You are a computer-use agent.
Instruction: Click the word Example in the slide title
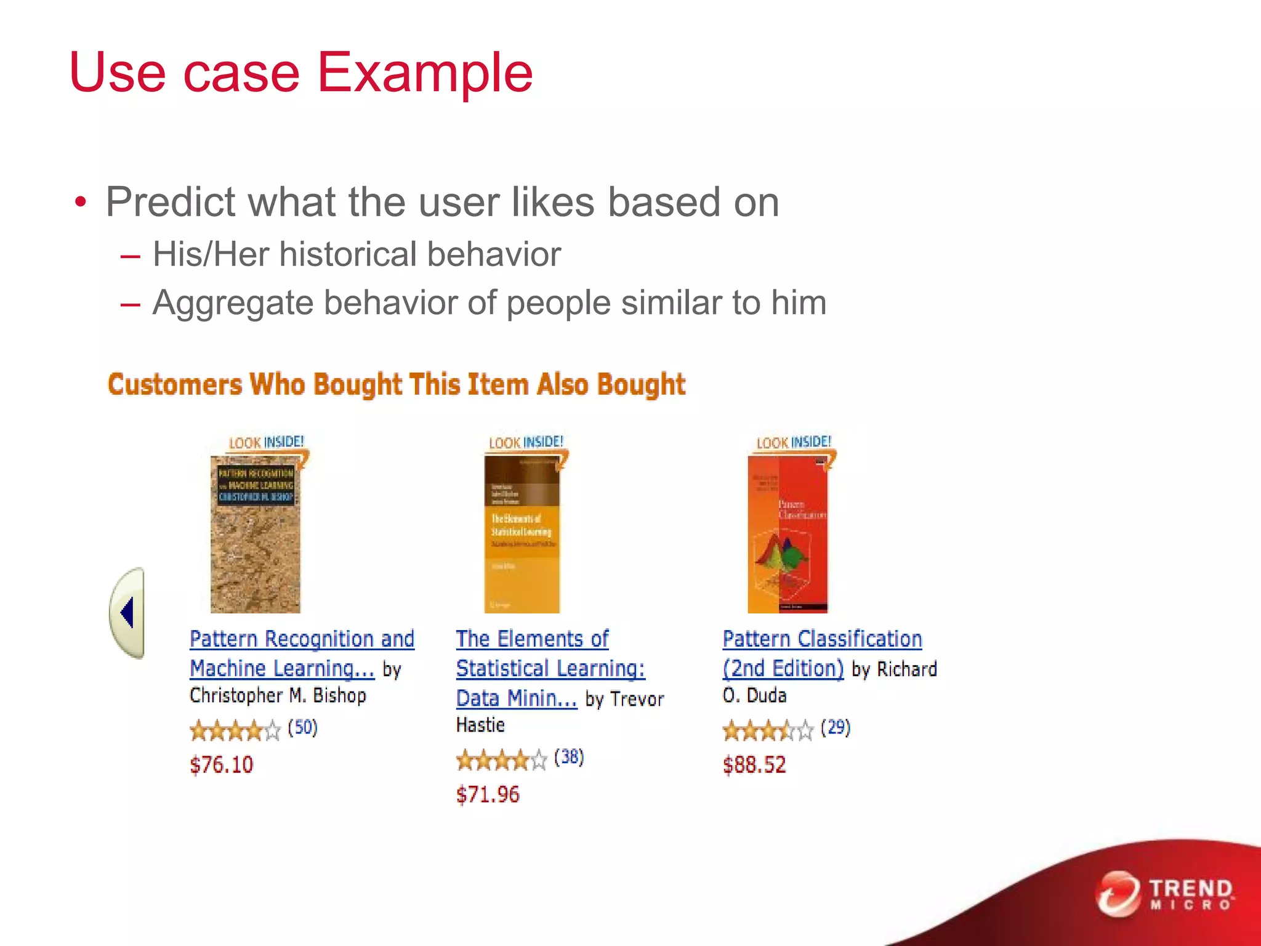click(424, 73)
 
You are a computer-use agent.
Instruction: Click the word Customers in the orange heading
click(175, 384)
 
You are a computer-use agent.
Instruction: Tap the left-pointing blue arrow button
click(128, 613)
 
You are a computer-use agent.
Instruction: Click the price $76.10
click(222, 765)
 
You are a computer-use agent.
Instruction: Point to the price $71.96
click(488, 794)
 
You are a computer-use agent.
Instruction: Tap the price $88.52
click(754, 765)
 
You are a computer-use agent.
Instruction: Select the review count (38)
click(569, 757)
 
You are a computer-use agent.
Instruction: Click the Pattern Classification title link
click(822, 639)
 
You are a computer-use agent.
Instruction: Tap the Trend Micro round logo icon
click(1118, 894)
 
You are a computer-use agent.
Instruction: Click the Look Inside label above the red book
click(794, 442)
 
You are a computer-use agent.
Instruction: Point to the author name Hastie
click(480, 725)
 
